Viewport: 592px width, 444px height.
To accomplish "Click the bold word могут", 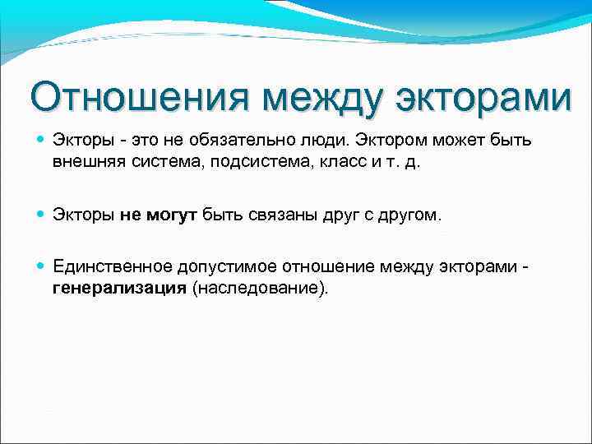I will [x=173, y=215].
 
